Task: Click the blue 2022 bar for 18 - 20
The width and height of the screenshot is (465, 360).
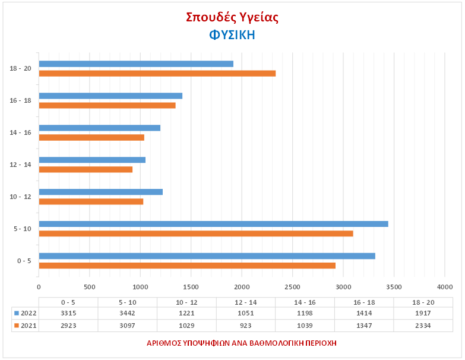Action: tap(136, 64)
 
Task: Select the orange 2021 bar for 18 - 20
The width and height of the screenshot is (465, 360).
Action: tap(157, 73)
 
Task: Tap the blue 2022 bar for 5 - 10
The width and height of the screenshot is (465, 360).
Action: tap(213, 224)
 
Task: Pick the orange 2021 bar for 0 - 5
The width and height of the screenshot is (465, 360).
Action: tap(187, 266)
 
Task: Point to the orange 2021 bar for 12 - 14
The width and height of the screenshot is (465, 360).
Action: tap(86, 169)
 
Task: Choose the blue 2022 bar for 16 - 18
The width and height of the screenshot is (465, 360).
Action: tap(110, 96)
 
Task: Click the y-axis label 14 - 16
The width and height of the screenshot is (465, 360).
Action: tap(20, 132)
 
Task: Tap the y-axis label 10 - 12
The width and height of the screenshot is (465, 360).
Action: tap(20, 197)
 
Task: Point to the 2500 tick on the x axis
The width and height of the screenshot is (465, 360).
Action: tap(293, 287)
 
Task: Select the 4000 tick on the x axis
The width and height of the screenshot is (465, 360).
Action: tap(445, 287)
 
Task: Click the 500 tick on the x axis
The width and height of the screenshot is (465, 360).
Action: tap(90, 287)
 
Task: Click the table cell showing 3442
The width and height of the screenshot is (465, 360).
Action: tap(128, 313)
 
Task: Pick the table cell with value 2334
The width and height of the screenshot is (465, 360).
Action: tap(423, 326)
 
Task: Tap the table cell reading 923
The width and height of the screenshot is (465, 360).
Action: tap(246, 326)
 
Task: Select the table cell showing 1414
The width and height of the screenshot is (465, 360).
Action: tap(364, 313)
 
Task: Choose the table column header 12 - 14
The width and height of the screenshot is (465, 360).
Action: tap(246, 302)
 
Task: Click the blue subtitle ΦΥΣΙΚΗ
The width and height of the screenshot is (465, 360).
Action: tap(232, 34)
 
